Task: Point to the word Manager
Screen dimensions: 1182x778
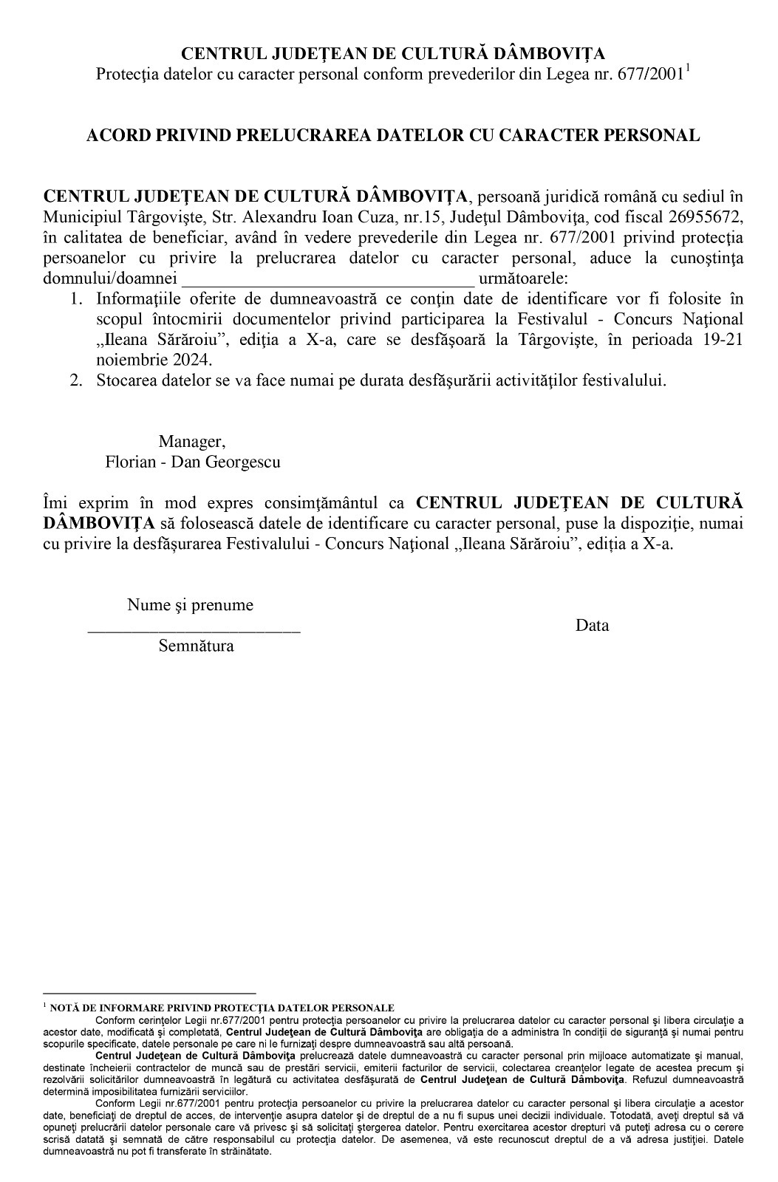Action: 192,442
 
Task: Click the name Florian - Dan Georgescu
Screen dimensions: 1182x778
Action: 193,462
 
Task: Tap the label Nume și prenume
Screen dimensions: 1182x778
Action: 190,605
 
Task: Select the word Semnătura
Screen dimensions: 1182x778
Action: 196,646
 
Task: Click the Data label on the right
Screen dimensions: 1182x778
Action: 593,626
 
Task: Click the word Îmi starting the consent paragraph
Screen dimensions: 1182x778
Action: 55,503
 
